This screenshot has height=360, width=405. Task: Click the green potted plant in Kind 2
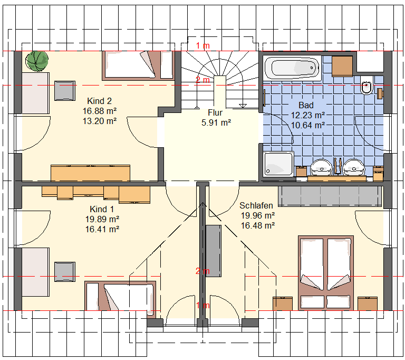37,61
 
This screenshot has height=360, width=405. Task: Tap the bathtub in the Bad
292,68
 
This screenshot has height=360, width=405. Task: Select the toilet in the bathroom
367,86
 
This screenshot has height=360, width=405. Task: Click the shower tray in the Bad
278,164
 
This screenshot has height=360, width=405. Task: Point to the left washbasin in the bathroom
321,167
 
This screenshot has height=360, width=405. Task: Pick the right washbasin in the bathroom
353,167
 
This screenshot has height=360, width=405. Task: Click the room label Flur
215,113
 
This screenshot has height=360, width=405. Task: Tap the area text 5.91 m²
216,122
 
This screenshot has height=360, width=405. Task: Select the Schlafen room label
256,206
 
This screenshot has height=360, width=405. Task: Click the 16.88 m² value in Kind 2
100,111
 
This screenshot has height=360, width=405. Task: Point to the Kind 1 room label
102,209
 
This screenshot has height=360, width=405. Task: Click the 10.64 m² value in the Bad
308,126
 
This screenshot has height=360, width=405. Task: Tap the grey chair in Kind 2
65,90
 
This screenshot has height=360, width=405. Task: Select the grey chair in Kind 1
65,271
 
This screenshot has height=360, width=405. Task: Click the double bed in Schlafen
326,273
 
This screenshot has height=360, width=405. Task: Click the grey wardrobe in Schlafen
330,196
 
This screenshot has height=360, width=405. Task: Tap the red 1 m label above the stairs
202,46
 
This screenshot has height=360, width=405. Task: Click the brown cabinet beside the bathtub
342,66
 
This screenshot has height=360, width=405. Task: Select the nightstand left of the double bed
283,304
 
